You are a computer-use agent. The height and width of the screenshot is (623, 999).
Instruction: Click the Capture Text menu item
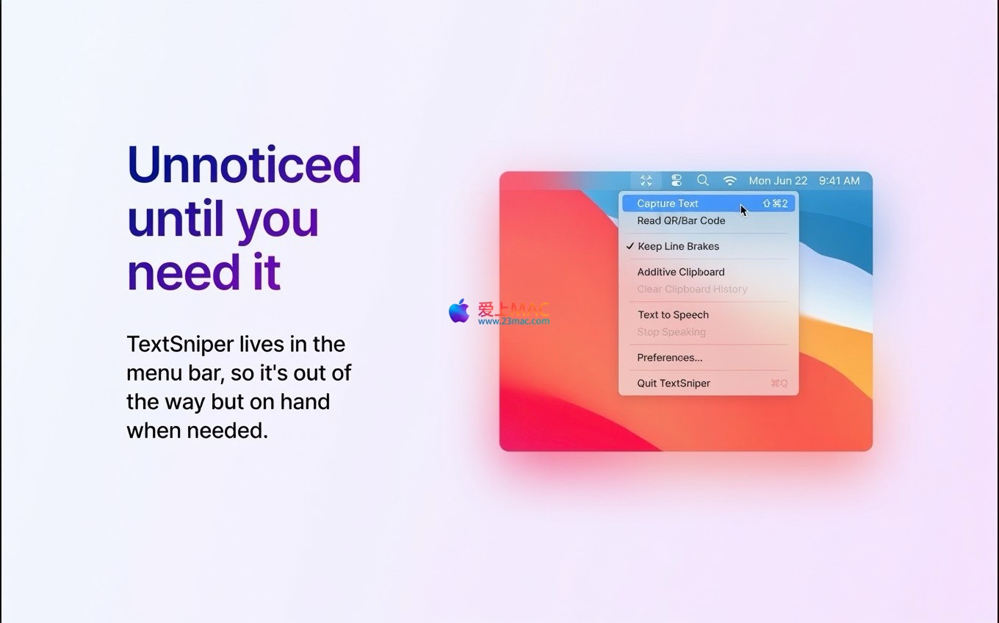tap(667, 204)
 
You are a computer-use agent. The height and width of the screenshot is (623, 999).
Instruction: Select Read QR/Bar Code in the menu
tap(681, 220)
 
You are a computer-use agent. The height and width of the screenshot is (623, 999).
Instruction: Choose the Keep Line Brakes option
tap(678, 246)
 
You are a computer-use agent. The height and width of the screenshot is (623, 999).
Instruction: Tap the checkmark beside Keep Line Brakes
tap(630, 245)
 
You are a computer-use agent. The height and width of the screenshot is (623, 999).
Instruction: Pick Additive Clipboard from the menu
tap(680, 272)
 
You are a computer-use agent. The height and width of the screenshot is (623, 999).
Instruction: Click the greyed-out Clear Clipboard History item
tap(692, 289)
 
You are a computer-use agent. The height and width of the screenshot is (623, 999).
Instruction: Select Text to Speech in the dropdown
tap(673, 315)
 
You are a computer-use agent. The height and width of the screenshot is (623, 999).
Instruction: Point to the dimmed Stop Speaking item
tap(671, 332)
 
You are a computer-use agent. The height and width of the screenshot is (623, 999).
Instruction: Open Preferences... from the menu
tap(669, 358)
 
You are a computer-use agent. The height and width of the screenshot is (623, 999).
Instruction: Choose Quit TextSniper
tap(674, 383)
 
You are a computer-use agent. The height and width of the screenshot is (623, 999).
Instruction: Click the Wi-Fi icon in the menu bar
tap(729, 181)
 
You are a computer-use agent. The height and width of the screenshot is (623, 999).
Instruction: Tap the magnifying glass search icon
tap(703, 180)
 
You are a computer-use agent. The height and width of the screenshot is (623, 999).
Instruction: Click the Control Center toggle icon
tap(676, 180)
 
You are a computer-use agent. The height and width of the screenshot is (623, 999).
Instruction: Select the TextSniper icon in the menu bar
tap(646, 181)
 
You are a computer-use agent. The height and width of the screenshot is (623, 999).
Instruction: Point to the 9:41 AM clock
tap(839, 181)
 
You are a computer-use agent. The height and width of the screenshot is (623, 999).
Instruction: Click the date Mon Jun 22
tap(778, 181)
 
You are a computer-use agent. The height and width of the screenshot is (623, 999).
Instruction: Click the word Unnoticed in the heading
tap(244, 165)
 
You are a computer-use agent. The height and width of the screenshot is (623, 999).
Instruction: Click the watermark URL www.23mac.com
tap(513, 320)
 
